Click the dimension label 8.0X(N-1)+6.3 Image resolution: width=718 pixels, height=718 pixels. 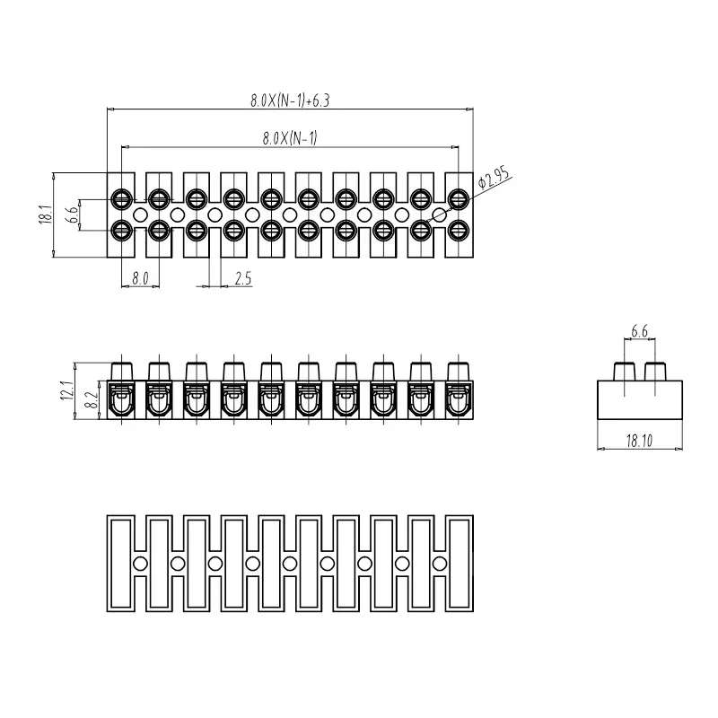click(x=291, y=101)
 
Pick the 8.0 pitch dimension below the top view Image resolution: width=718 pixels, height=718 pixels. click(x=139, y=278)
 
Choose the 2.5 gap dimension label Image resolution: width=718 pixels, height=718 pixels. click(x=242, y=278)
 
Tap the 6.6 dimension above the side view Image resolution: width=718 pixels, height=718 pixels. click(x=640, y=332)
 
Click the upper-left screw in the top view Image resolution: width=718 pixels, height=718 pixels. click(x=120, y=197)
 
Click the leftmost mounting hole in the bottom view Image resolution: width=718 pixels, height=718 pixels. click(x=140, y=563)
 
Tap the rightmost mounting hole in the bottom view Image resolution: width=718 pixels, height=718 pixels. click(x=440, y=563)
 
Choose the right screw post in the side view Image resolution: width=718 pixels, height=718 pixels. click(x=655, y=371)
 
